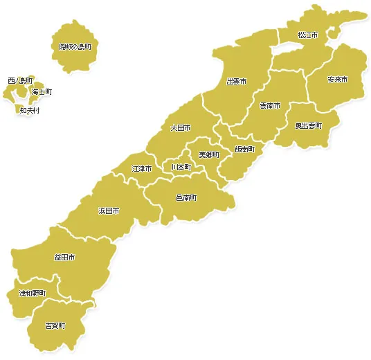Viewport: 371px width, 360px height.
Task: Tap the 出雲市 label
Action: [x=237, y=81]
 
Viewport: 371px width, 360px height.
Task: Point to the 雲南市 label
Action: [x=269, y=106]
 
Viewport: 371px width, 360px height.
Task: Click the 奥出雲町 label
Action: [x=308, y=125]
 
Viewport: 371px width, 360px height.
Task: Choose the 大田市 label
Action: [x=181, y=128]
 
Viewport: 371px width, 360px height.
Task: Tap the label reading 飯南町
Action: [x=244, y=149]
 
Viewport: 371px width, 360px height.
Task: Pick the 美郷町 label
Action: [x=208, y=154]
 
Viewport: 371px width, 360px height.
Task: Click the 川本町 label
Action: [x=181, y=168]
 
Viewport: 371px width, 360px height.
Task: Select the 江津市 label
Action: [x=141, y=168]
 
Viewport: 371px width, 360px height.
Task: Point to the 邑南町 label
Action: [x=186, y=197]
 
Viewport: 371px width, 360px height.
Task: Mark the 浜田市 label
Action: [x=109, y=210]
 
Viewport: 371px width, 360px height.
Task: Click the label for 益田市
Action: [x=64, y=258]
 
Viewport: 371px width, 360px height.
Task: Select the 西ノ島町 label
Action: [x=19, y=81]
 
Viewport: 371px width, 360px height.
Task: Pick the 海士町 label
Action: [x=42, y=91]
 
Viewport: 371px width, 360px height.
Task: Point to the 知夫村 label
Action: [x=30, y=110]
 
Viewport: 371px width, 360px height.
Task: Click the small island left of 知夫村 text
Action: [x=16, y=109]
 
